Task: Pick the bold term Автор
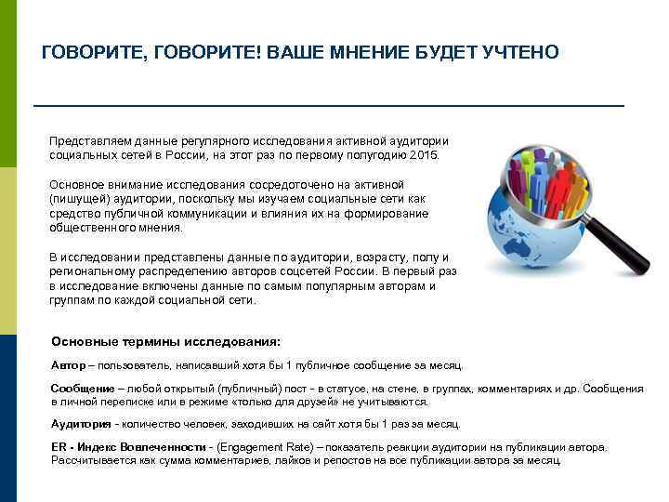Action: coord(68,365)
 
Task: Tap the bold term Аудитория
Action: coord(81,424)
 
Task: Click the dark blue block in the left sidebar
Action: coord(8,417)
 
